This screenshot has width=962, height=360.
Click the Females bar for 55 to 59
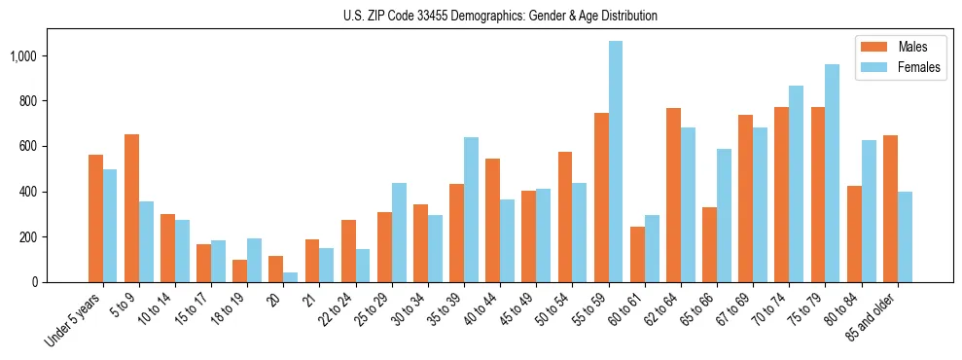point(616,162)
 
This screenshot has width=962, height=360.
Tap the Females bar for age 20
point(291,277)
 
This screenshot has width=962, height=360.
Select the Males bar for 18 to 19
point(239,270)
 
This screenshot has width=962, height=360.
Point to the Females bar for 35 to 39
point(472,209)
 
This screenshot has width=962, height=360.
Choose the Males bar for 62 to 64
point(673,195)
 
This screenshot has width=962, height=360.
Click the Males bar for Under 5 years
point(95,218)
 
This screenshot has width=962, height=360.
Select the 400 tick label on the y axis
point(29,192)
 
